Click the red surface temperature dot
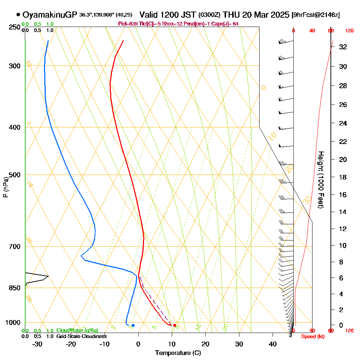click(x=175, y=325)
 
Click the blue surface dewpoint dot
click(x=133, y=325)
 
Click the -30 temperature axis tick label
click(x=37, y=344)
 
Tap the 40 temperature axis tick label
click(x=273, y=344)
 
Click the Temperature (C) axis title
click(x=178, y=353)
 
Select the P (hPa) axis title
click(x=5, y=187)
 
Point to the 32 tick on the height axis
click(x=343, y=47)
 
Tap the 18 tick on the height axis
click(x=343, y=177)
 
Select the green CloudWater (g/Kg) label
click(x=77, y=330)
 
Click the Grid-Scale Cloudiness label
click(x=81, y=336)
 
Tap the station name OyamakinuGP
click(x=50, y=15)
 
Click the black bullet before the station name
click(x=18, y=15)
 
